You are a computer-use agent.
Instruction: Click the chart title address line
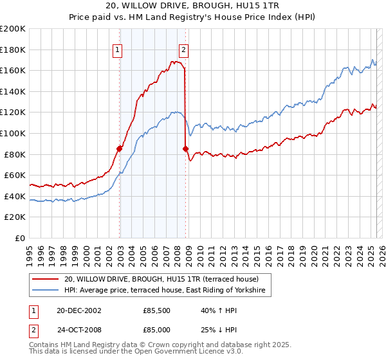click(x=192, y=7)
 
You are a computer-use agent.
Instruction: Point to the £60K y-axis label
click(x=15, y=175)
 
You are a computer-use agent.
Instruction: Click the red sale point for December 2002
click(x=120, y=148)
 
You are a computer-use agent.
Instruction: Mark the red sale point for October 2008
click(x=186, y=149)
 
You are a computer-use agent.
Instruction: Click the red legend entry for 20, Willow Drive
click(x=161, y=279)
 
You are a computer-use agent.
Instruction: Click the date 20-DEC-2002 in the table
click(x=78, y=310)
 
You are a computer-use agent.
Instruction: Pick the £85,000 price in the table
click(x=157, y=328)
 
